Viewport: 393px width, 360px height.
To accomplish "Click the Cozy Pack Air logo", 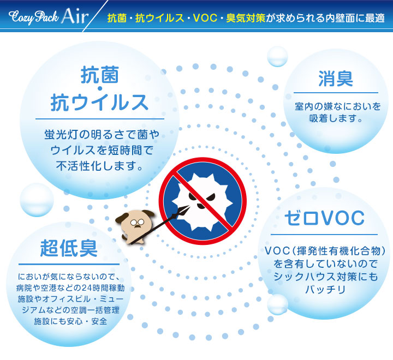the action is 49,16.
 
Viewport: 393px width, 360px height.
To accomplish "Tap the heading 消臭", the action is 336,79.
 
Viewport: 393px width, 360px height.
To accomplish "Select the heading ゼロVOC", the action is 324,218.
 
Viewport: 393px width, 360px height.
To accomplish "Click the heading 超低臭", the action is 69,248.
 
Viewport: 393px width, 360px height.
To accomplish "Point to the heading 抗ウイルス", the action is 99,102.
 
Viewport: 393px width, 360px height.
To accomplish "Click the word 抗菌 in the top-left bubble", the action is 99,75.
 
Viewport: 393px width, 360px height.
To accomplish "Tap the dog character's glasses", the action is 137,222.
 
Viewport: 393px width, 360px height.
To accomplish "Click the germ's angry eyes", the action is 202,196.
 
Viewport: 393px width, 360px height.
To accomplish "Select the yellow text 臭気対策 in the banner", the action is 246,18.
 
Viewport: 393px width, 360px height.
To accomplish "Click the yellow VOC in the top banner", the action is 205,18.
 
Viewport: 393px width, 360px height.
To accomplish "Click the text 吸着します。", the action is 336,118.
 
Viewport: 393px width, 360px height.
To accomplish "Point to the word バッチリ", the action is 325,290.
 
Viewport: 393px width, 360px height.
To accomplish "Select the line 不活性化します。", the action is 99,166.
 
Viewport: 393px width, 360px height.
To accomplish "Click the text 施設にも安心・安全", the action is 70,321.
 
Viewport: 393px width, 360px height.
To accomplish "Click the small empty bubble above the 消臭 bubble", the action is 277,57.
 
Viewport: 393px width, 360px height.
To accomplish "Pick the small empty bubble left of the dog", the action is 37,200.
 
